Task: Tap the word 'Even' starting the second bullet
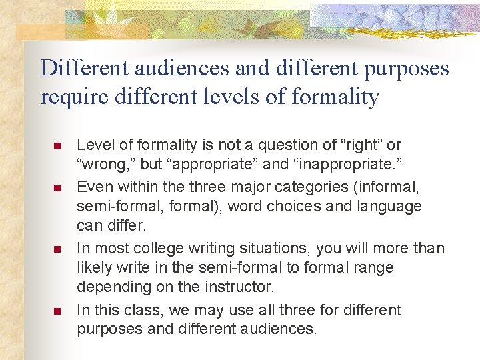point(92,186)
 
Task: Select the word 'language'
point(392,207)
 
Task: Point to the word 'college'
point(162,248)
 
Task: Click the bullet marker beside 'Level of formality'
point(57,145)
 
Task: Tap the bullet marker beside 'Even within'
point(57,187)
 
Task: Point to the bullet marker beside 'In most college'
point(57,249)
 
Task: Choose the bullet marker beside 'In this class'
point(57,311)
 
